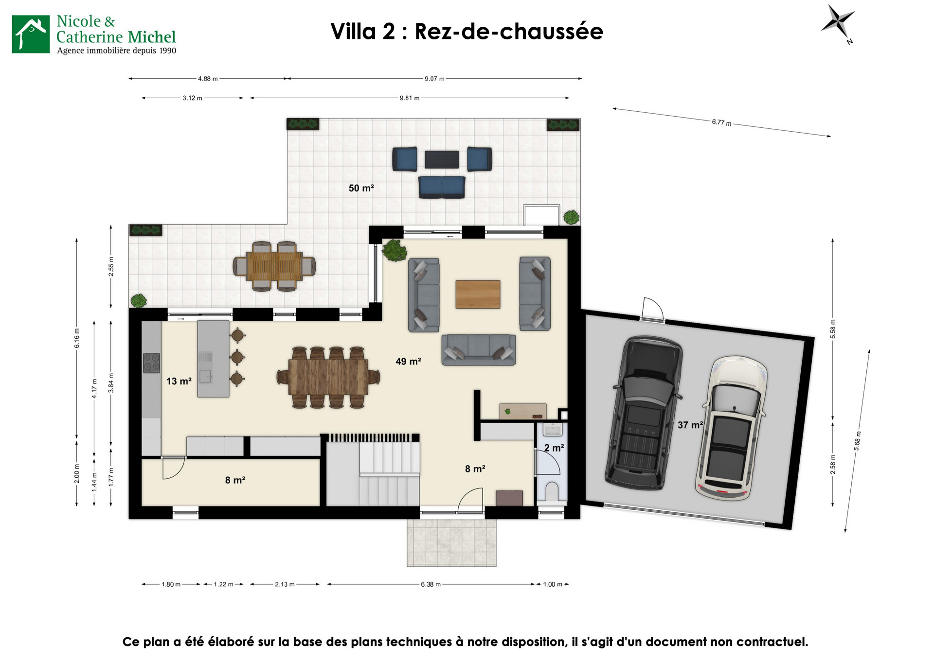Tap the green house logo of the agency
tap(31, 34)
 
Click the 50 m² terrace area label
tap(361, 188)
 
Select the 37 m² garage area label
tap(690, 425)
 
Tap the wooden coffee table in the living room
tap(478, 294)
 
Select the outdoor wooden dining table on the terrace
tap(274, 266)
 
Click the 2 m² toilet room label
tap(554, 448)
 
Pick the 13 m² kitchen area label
tap(179, 381)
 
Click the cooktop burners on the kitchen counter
tap(151, 363)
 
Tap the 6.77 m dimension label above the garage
tap(721, 122)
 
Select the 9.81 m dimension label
tap(409, 98)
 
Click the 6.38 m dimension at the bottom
tap(431, 584)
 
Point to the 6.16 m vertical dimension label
tap(77, 338)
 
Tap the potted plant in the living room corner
tap(394, 250)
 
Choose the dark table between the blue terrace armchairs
tap(441, 159)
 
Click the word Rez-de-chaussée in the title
tap(508, 32)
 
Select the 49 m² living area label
tap(408, 361)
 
